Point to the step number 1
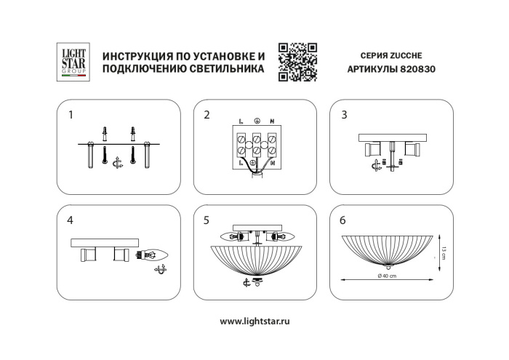(71, 115)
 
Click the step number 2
(207, 115)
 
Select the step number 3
(345, 115)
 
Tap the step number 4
(71, 219)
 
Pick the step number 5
(207, 219)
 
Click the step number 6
(345, 219)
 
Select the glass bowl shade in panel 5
(255, 259)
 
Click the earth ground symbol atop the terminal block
(256, 120)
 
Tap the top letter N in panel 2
(271, 120)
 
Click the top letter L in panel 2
(241, 120)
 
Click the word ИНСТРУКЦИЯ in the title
(137, 57)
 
